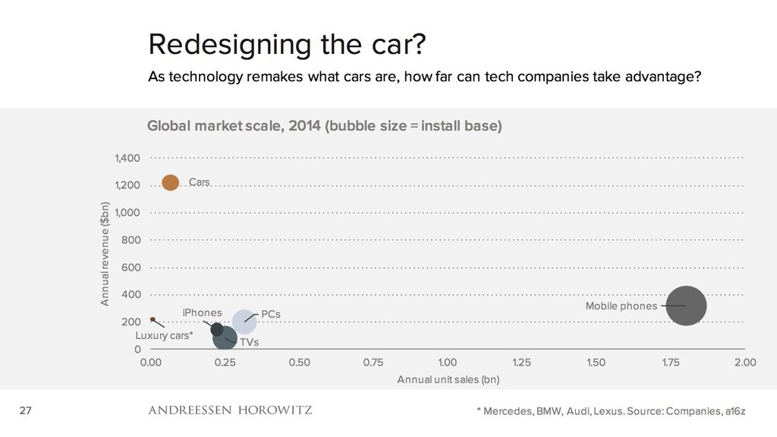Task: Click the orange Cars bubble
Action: pyautogui.click(x=171, y=182)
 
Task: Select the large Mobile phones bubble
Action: pyautogui.click(x=686, y=306)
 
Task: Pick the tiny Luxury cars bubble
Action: pyautogui.click(x=153, y=320)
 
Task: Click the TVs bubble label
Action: pyautogui.click(x=250, y=343)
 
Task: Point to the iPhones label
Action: pyautogui.click(x=202, y=312)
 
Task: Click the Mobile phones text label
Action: pyautogui.click(x=621, y=306)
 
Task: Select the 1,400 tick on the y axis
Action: pyautogui.click(x=127, y=158)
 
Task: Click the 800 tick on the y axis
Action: pyautogui.click(x=131, y=240)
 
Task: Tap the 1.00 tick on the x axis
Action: pyautogui.click(x=447, y=363)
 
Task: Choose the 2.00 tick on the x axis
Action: pyautogui.click(x=744, y=363)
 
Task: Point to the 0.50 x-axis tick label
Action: pyautogui.click(x=299, y=363)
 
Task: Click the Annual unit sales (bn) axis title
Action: pyautogui.click(x=448, y=379)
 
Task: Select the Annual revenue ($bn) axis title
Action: pyautogui.click(x=105, y=254)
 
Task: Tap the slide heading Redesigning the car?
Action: pyautogui.click(x=287, y=44)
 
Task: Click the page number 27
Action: pyautogui.click(x=25, y=411)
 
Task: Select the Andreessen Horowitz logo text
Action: pyautogui.click(x=230, y=411)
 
